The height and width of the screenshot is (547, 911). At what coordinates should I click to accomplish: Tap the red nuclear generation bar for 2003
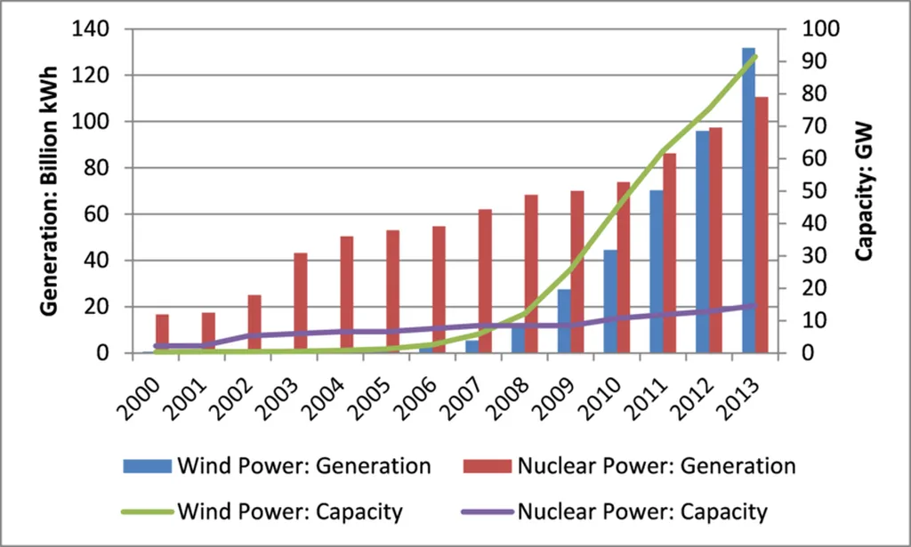301,302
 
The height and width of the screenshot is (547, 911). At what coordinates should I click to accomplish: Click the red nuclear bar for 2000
162,334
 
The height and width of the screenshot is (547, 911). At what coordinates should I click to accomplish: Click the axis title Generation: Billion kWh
52,190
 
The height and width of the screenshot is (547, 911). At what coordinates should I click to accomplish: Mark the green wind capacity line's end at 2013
754,56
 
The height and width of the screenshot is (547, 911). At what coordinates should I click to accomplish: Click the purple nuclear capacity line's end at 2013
754,305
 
